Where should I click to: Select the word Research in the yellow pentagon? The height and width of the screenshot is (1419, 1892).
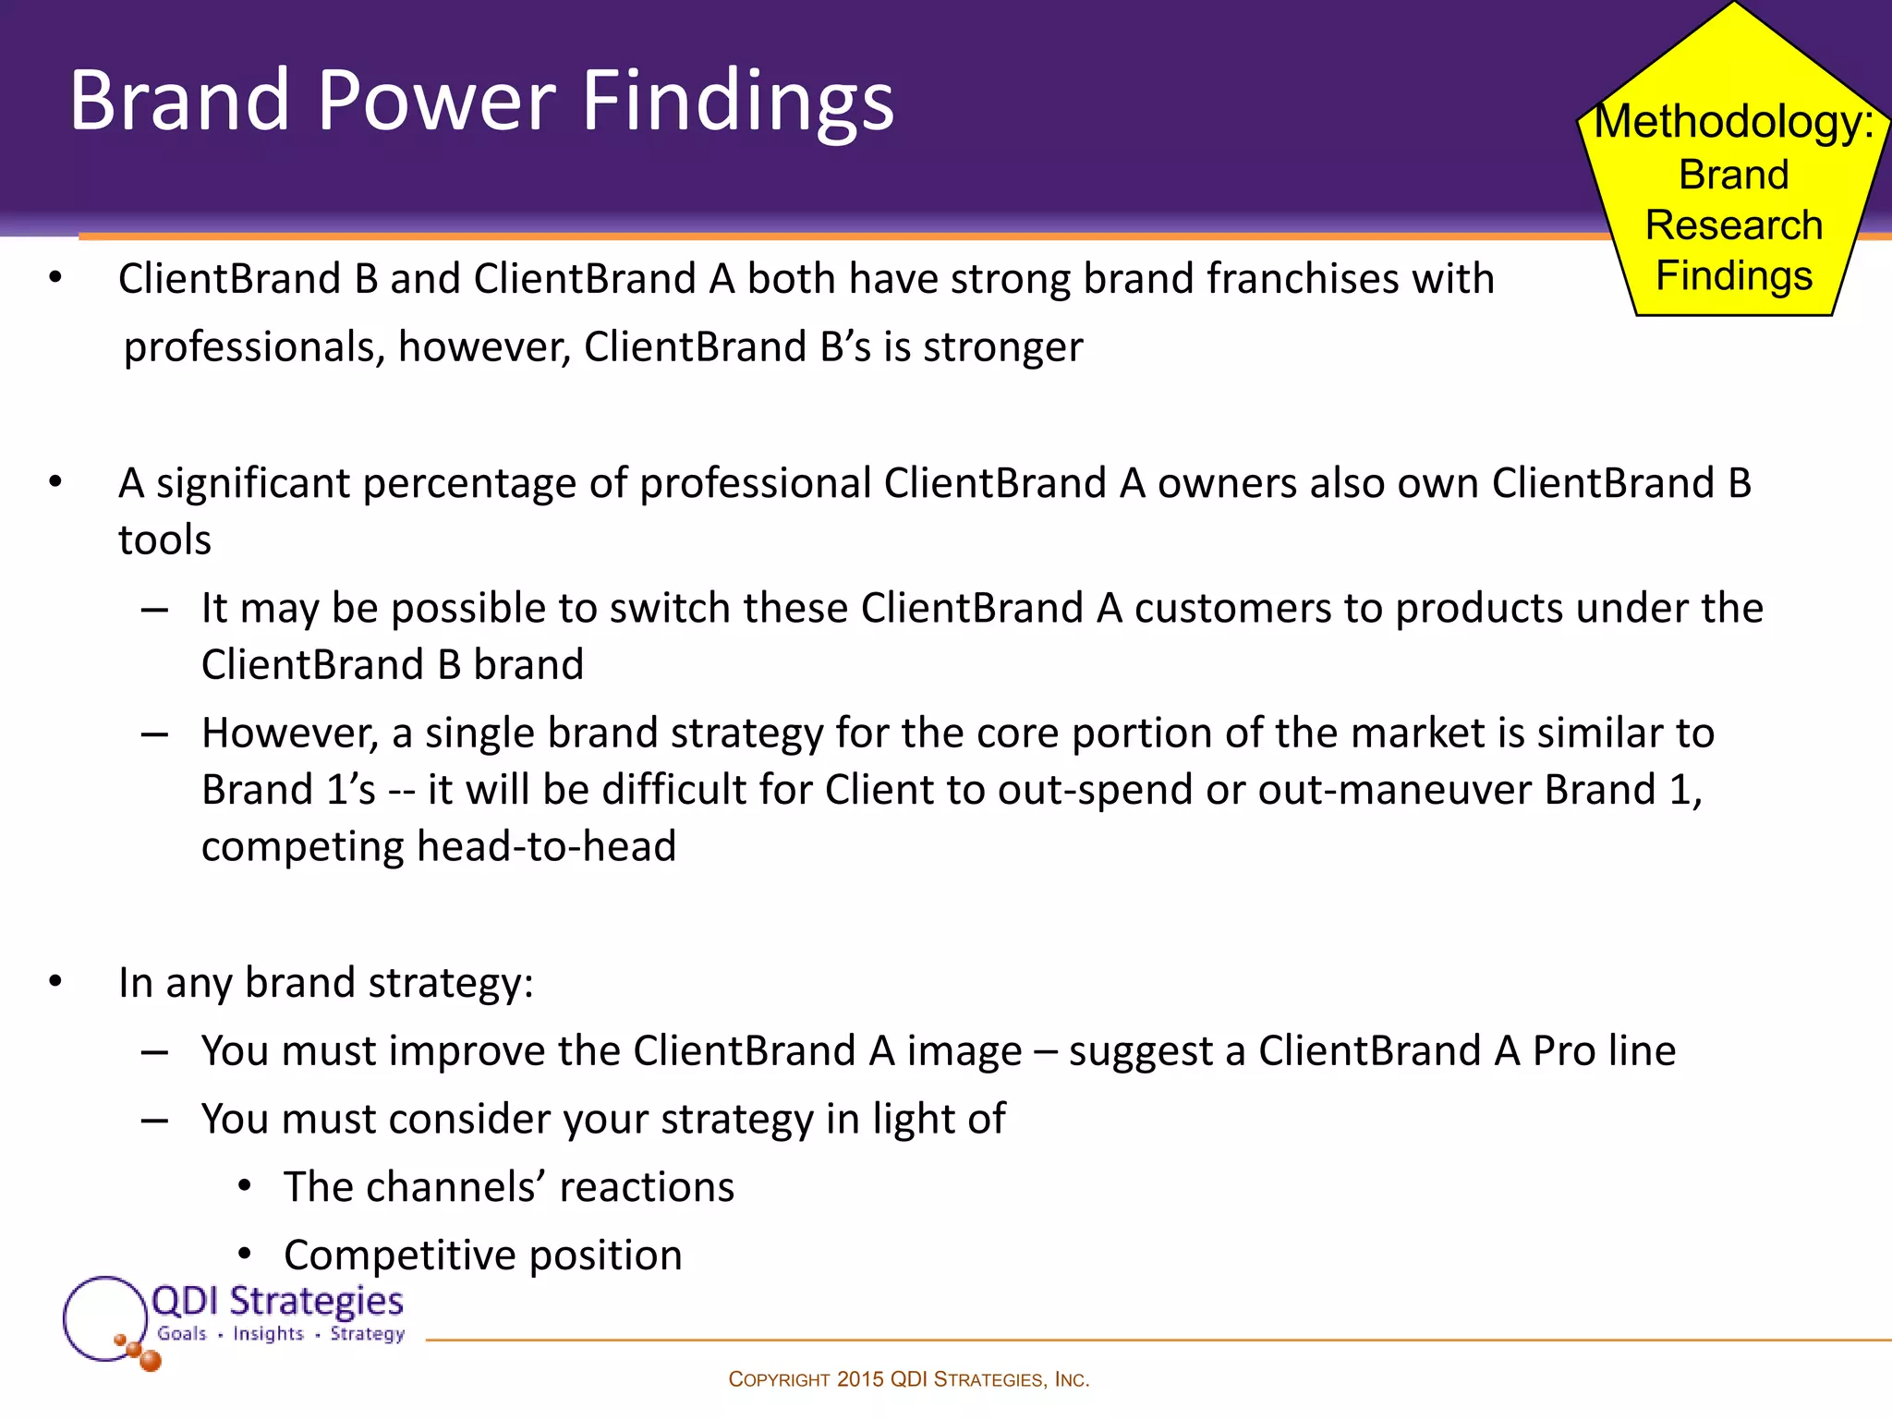coord(1734,225)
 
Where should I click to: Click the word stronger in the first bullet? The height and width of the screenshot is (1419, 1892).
coord(1002,347)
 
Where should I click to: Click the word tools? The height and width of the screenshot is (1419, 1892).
coord(164,540)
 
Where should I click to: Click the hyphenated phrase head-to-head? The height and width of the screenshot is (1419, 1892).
coord(546,846)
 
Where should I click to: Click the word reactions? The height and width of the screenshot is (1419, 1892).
coord(647,1187)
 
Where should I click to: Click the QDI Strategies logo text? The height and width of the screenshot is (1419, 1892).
coord(277,1301)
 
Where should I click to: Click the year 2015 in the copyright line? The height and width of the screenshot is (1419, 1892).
coord(860,1379)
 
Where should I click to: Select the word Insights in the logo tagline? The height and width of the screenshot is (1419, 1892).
coord(268,1333)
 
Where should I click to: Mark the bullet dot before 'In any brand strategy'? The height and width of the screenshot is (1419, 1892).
coord(55,982)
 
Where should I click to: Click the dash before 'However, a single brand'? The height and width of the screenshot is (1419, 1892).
coord(154,734)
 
